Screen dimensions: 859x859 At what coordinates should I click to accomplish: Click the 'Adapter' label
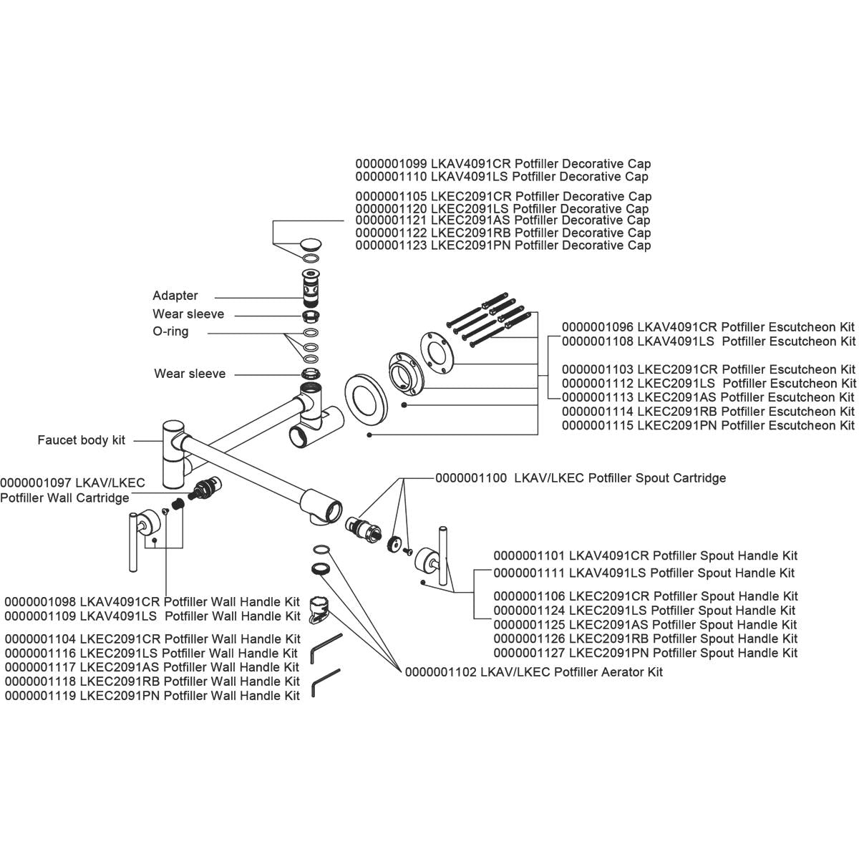click(175, 296)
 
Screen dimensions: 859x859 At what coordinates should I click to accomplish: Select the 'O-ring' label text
click(170, 332)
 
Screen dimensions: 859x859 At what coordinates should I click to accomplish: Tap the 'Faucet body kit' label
click(81, 440)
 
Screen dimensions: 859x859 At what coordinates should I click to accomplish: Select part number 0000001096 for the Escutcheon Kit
click(597, 327)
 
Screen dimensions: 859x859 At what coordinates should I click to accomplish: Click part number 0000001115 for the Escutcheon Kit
click(597, 425)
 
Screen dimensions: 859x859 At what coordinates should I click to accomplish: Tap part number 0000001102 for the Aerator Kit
click(440, 672)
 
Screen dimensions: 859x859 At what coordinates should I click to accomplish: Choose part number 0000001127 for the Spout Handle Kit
click(529, 653)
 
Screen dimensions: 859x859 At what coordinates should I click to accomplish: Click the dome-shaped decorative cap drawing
click(312, 243)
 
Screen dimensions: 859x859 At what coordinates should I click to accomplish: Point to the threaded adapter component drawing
click(310, 287)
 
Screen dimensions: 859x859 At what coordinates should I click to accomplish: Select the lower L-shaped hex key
click(324, 683)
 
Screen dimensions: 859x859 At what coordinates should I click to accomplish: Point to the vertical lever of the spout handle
click(444, 555)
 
